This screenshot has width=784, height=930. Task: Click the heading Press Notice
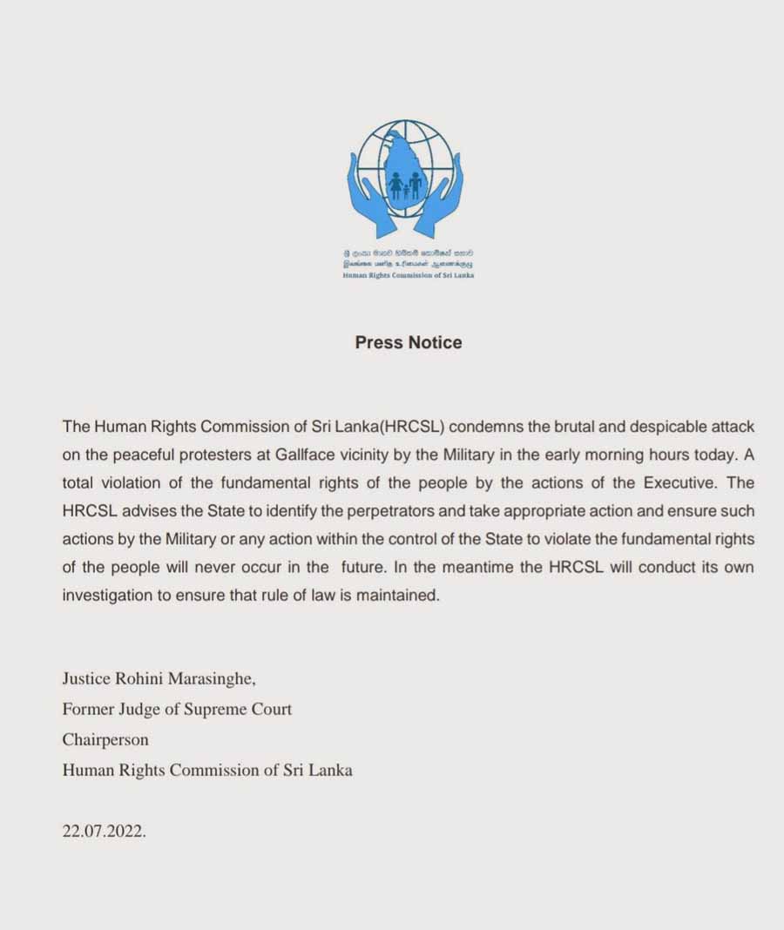point(409,342)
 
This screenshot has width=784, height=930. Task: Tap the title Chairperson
point(105,739)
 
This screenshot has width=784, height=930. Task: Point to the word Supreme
point(201,709)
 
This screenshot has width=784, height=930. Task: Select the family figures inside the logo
point(406,185)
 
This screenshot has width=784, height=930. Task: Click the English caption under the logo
point(408,275)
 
